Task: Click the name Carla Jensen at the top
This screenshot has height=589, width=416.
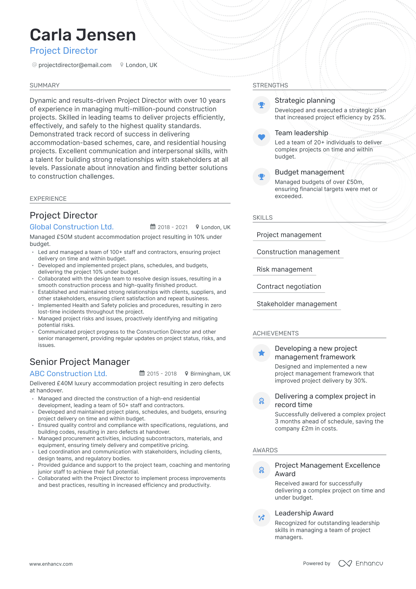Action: (x=83, y=35)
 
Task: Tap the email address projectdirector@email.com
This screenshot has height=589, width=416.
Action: (x=75, y=65)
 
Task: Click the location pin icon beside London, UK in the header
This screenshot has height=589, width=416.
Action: (x=122, y=65)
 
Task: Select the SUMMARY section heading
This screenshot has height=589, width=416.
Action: (x=45, y=85)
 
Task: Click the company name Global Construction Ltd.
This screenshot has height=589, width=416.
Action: (x=72, y=227)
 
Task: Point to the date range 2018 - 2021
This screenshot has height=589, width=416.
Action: (x=173, y=227)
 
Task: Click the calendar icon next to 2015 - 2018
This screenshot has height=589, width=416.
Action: (x=142, y=373)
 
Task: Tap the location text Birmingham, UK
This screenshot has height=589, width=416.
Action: (x=210, y=374)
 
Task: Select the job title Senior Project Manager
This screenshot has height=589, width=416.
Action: (x=80, y=362)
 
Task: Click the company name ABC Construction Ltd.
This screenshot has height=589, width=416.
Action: (x=68, y=374)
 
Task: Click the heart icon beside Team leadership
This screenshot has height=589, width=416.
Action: (x=261, y=137)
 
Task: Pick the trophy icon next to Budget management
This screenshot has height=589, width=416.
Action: (x=261, y=177)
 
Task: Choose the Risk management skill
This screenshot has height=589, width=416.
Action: (x=284, y=269)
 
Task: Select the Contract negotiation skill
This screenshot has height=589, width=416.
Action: (x=289, y=286)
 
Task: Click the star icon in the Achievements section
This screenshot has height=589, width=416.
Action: (x=261, y=353)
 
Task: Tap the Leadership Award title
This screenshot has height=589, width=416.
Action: (x=304, y=513)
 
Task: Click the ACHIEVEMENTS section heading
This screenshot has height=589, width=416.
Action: (x=276, y=333)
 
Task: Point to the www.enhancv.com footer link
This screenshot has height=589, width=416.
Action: (x=51, y=564)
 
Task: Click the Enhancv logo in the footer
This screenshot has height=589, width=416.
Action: (x=361, y=563)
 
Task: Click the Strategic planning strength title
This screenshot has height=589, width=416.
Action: (x=305, y=100)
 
